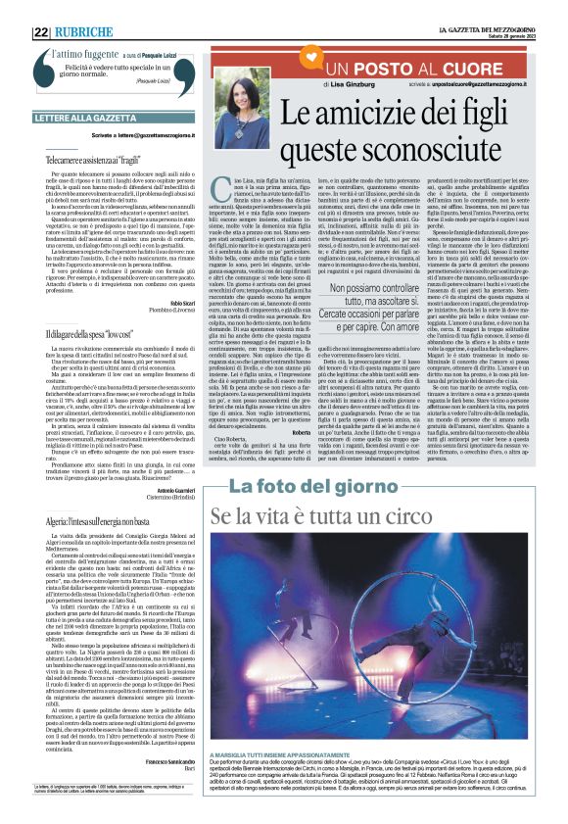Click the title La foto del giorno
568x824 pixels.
pyautogui.click(x=300, y=488)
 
